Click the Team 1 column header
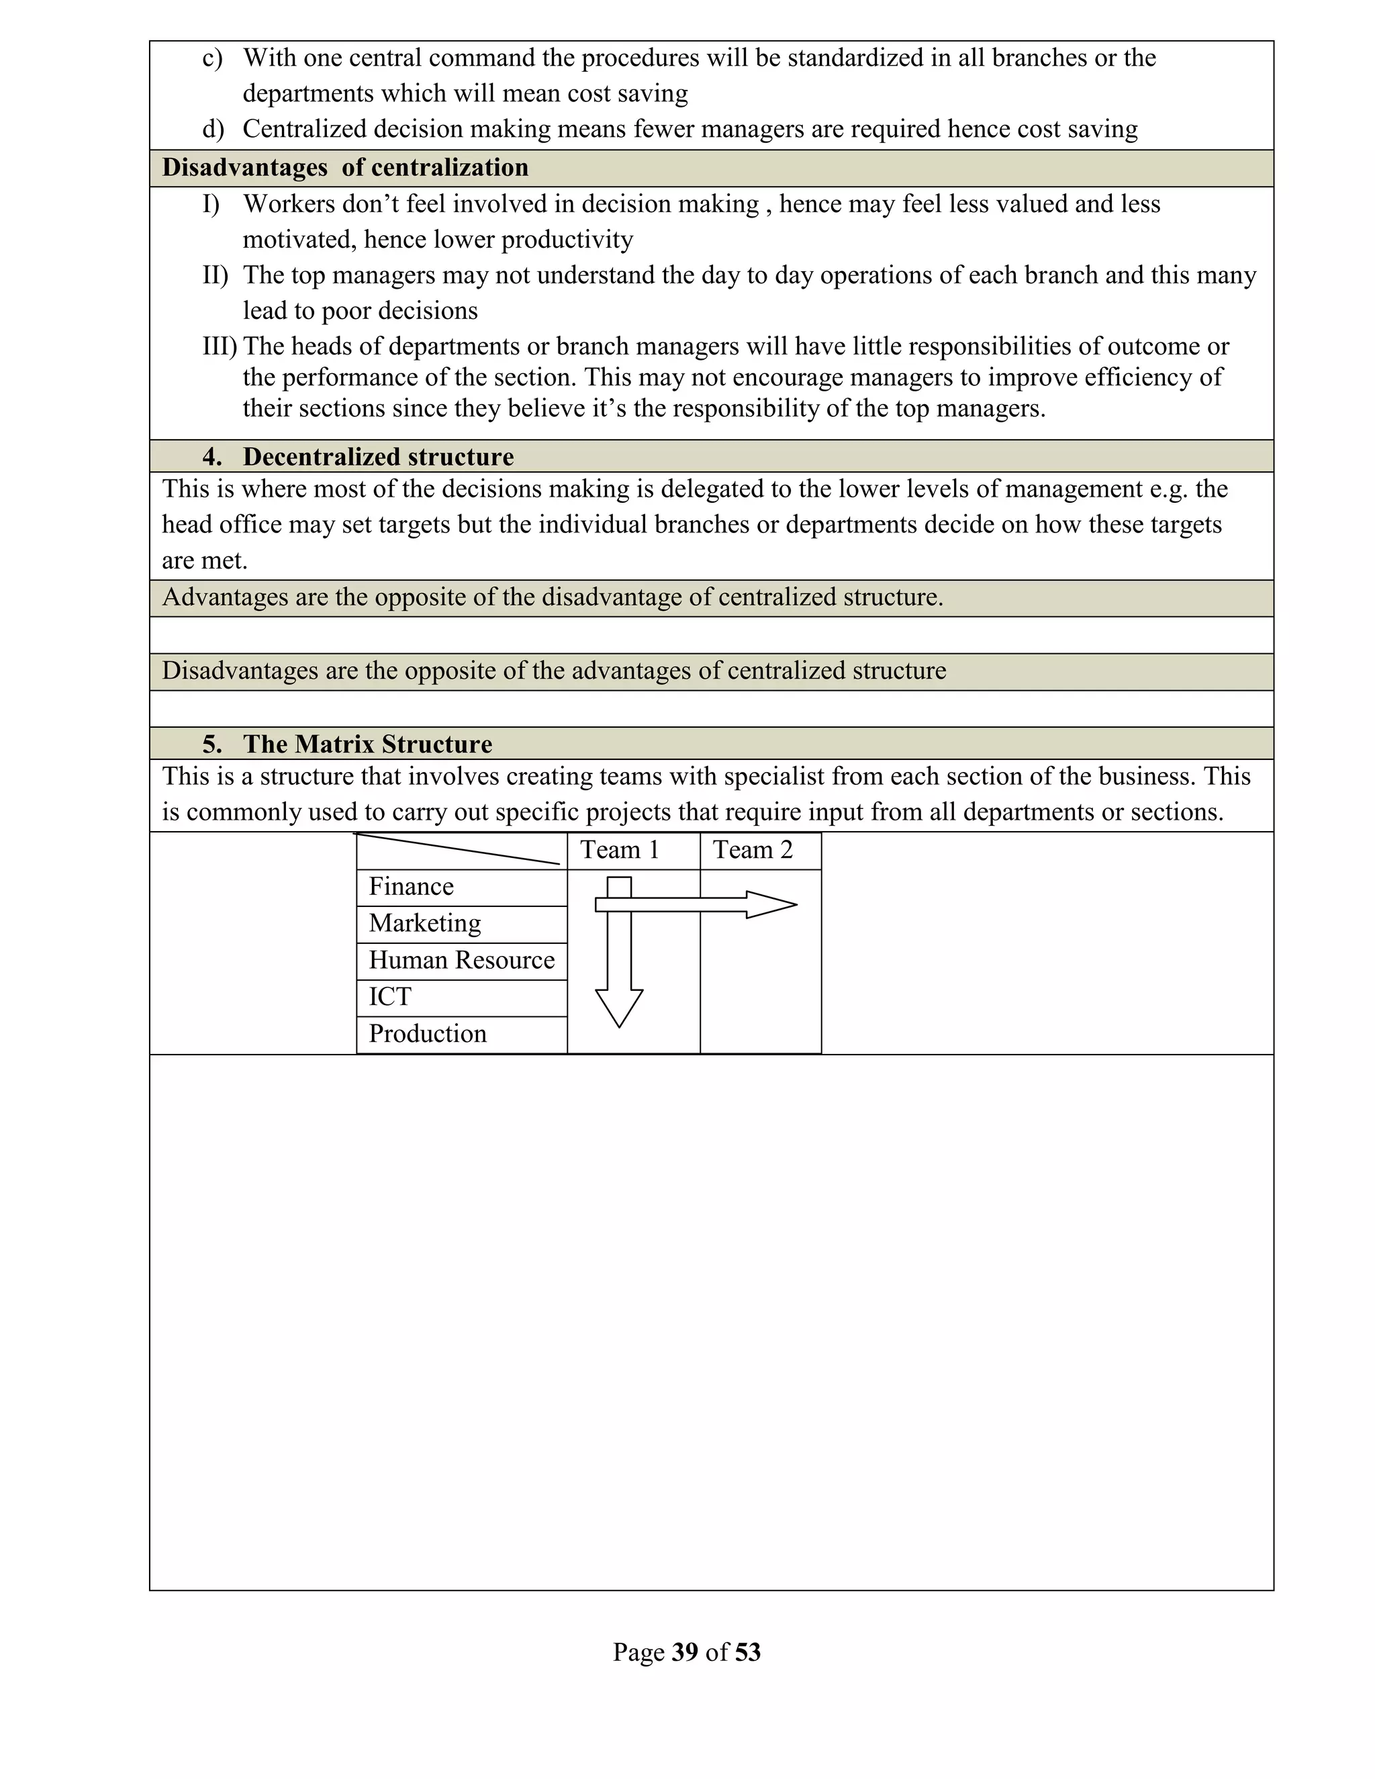[x=619, y=850]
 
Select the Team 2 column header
[x=753, y=850]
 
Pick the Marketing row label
[x=424, y=923]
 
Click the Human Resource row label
[x=461, y=959]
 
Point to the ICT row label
[x=389, y=996]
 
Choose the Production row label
[x=427, y=1034]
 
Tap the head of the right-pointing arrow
[x=770, y=904]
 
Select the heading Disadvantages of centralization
[x=345, y=168]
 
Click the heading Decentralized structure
[x=378, y=457]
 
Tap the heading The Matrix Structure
[x=367, y=744]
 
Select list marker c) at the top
[x=211, y=58]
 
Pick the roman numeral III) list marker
[x=219, y=347]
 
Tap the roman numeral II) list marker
[x=215, y=275]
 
